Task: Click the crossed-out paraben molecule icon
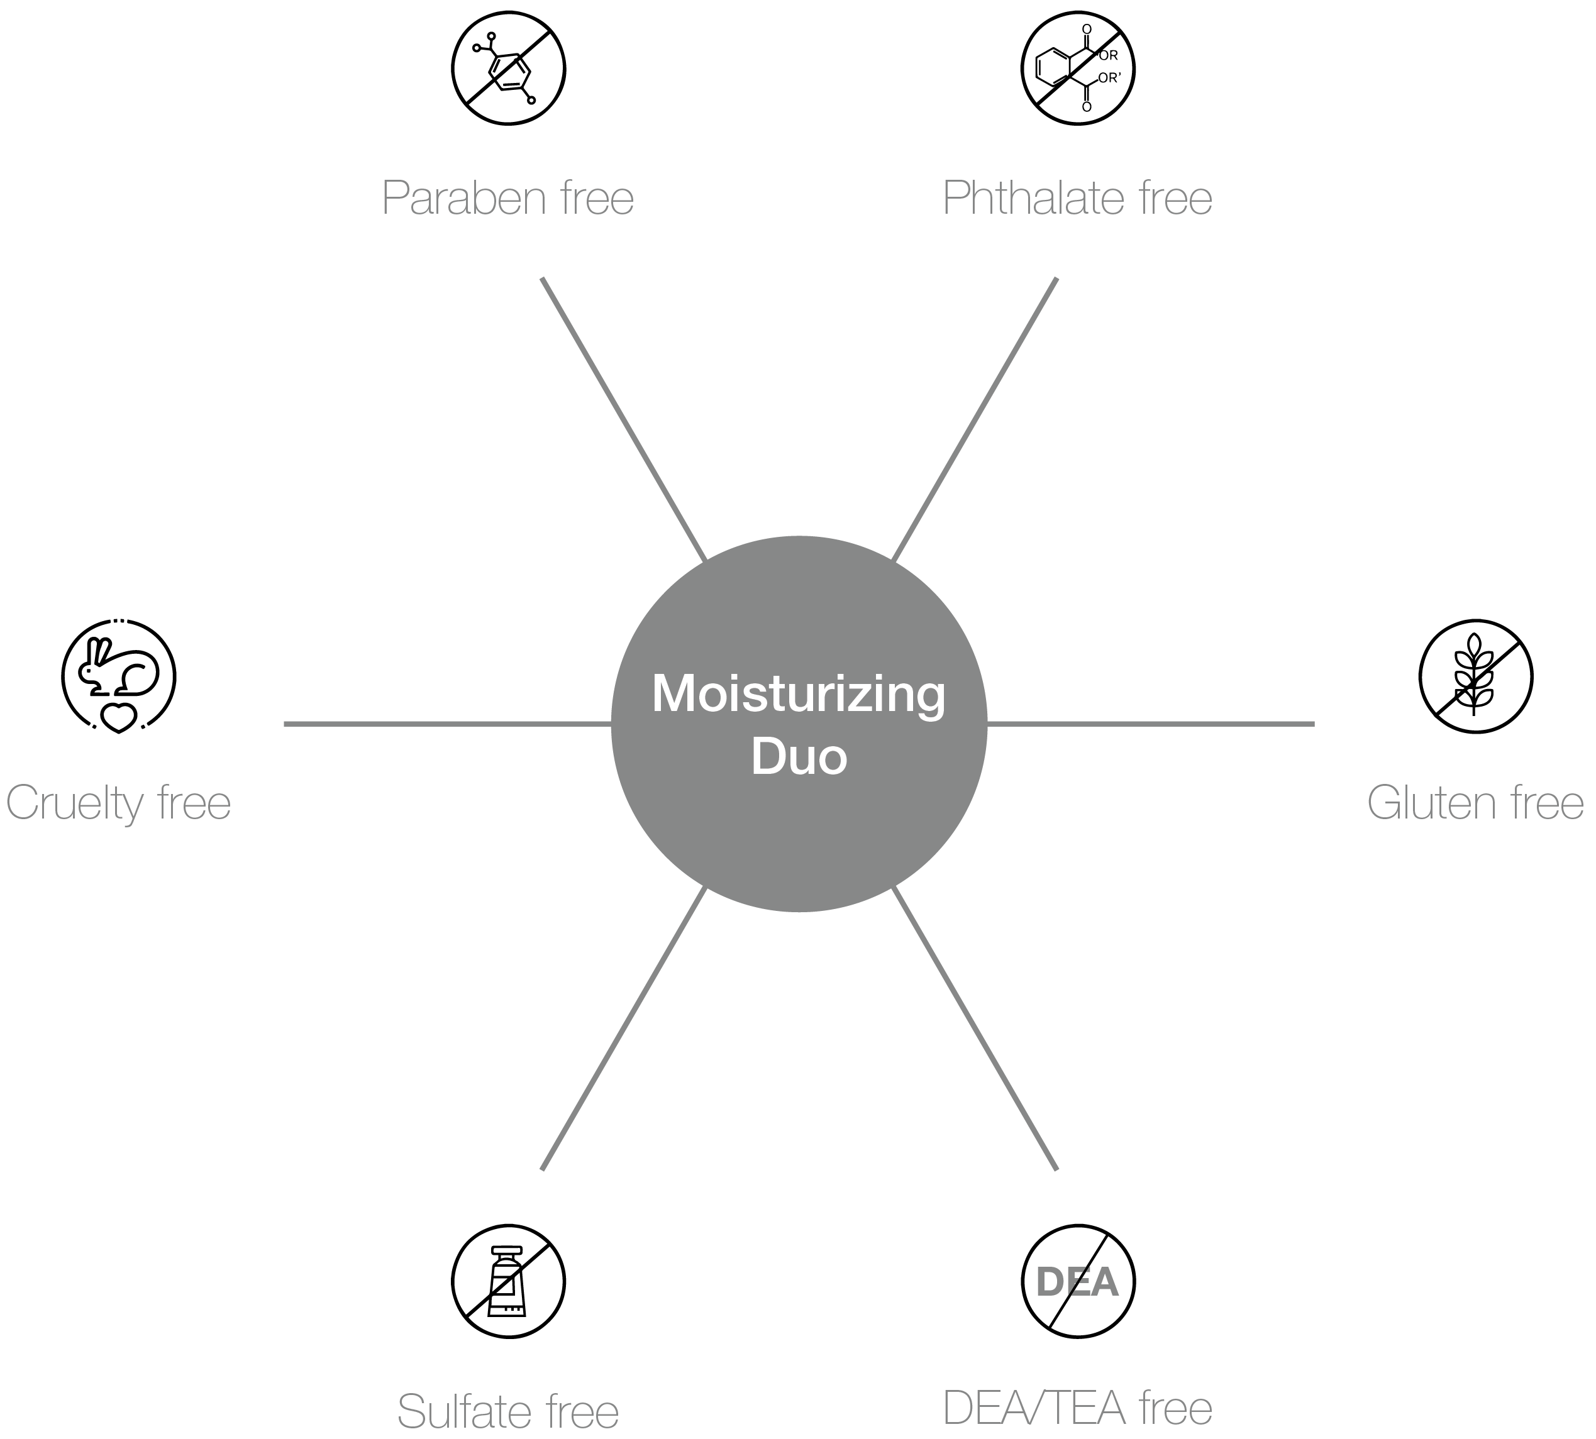(x=509, y=68)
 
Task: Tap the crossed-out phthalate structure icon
(x=1077, y=68)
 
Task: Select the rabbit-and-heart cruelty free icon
(x=119, y=676)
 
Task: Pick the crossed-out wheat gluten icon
(x=1475, y=676)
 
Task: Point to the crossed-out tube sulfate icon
(x=509, y=1282)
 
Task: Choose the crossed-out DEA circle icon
(x=1077, y=1282)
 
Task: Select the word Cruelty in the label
(x=74, y=803)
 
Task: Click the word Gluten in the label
(x=1431, y=803)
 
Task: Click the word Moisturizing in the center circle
(x=798, y=693)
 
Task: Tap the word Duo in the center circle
(x=798, y=757)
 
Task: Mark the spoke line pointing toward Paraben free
(x=623, y=419)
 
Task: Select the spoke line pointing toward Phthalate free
(x=974, y=419)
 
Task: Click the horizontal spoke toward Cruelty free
(x=447, y=724)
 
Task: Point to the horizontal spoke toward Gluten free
(x=1151, y=724)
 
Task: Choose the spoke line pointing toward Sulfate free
(x=623, y=1028)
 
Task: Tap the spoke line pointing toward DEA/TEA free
(x=974, y=1028)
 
